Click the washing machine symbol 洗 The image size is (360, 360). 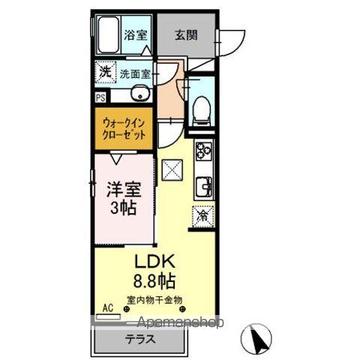click(x=105, y=73)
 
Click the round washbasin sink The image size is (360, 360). click(x=139, y=94)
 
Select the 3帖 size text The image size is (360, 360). click(x=121, y=208)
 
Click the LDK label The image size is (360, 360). click(x=154, y=263)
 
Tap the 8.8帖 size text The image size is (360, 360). click(x=154, y=283)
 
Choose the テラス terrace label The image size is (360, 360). click(x=141, y=338)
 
